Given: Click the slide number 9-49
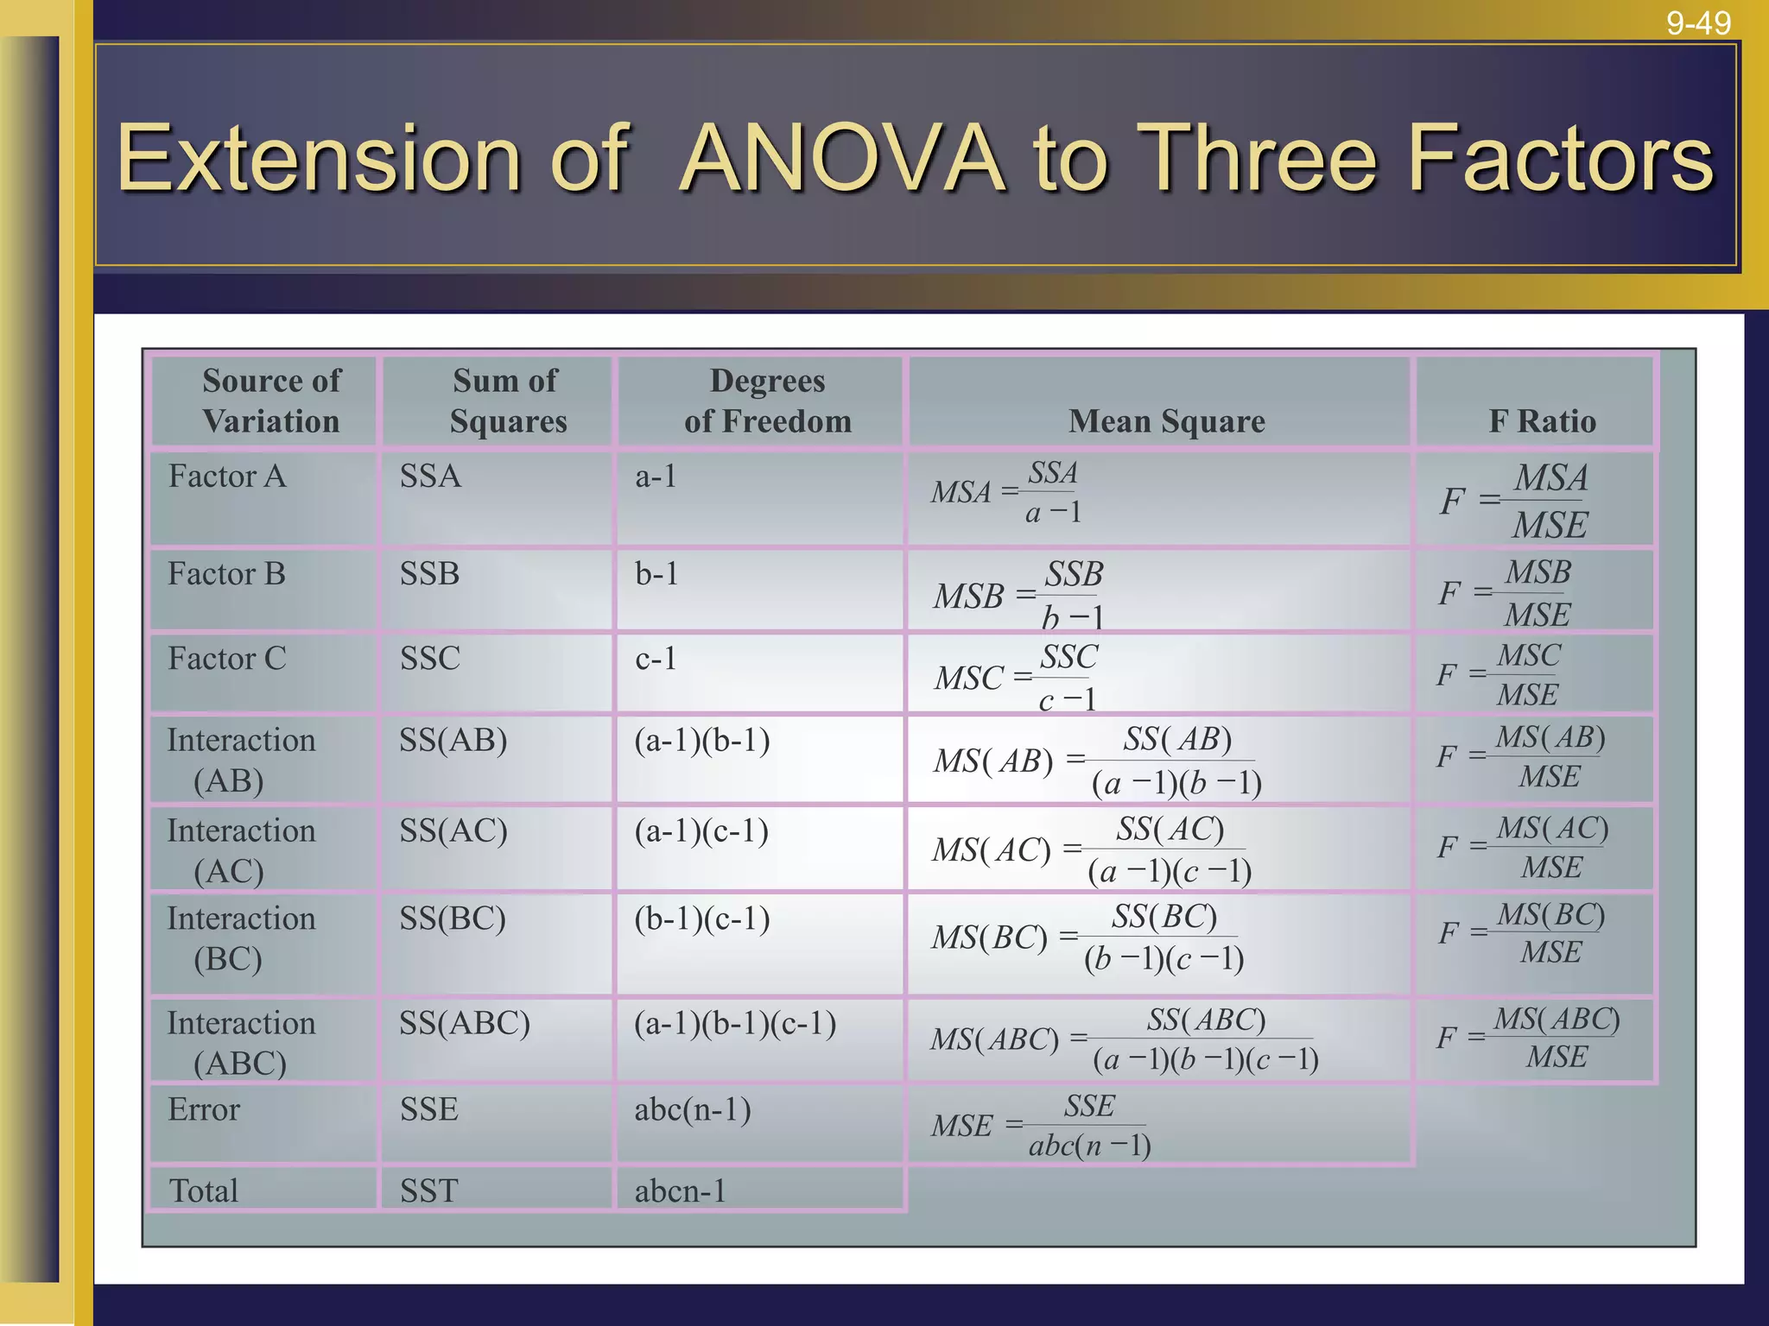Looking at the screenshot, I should pos(1698,23).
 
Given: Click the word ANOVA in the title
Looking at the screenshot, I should pos(843,159).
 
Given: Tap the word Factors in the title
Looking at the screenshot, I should pos(1560,159).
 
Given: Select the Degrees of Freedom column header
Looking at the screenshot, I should pos(767,401).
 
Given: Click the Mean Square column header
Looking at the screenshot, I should pos(1166,421).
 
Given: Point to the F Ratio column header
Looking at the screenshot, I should pos(1542,421).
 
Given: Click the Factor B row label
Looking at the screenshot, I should pos(226,574).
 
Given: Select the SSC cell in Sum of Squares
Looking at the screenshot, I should pos(429,659).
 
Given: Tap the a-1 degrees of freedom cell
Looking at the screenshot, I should pos(656,477).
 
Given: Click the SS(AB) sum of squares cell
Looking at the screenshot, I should pos(453,741).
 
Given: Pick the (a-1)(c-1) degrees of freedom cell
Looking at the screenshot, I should pos(701,831).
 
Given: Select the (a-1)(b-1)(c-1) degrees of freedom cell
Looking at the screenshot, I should pos(735,1024).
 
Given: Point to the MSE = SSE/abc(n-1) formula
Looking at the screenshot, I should pos(1041,1126).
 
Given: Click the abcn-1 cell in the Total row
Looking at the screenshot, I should pos(680,1191).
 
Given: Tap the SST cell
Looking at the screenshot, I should pos(428,1191).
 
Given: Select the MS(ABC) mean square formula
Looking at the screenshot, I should pos(1124,1039).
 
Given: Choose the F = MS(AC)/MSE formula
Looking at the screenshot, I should pos(1523,847).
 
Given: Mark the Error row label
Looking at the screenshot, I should pos(204,1110).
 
